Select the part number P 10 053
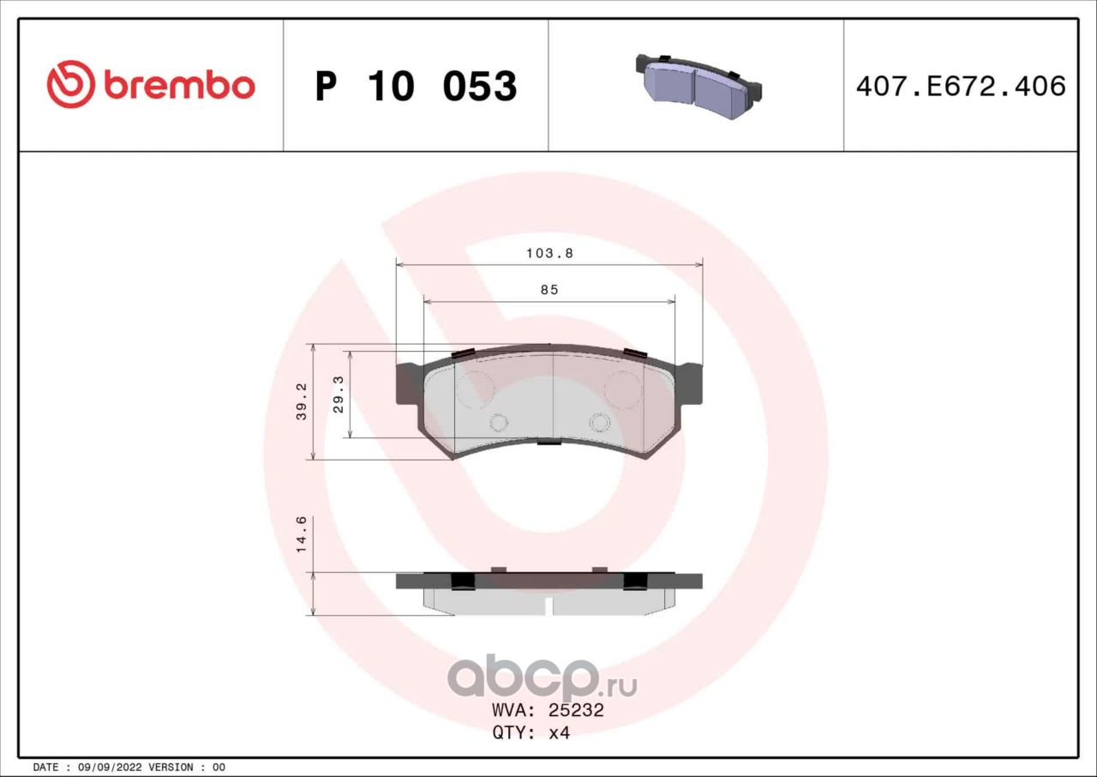pos(416,86)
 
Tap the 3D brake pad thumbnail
pos(698,87)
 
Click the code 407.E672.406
pos(961,87)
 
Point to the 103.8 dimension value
pos(549,253)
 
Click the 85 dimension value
pos(549,290)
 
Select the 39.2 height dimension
pos(302,401)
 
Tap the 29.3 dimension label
pos(339,395)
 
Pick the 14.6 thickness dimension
pos(302,534)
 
